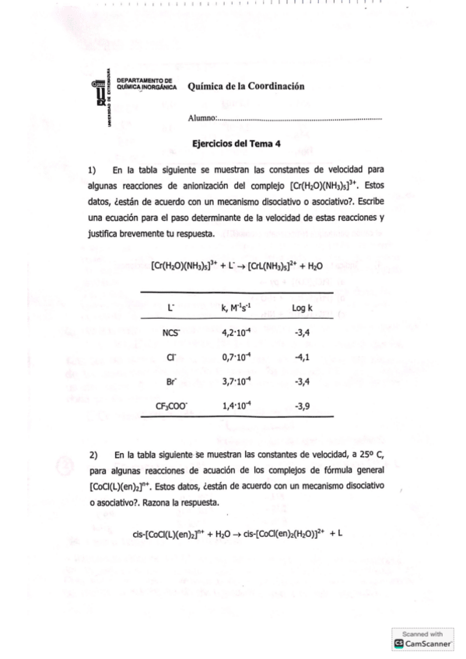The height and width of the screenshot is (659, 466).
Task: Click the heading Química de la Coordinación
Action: (x=241, y=86)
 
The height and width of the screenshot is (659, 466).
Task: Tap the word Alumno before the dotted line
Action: (x=201, y=119)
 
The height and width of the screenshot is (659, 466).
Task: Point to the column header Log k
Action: (x=302, y=309)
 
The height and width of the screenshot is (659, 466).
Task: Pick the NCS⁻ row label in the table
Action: (x=171, y=333)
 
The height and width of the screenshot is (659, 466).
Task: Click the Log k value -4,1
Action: (x=303, y=357)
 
